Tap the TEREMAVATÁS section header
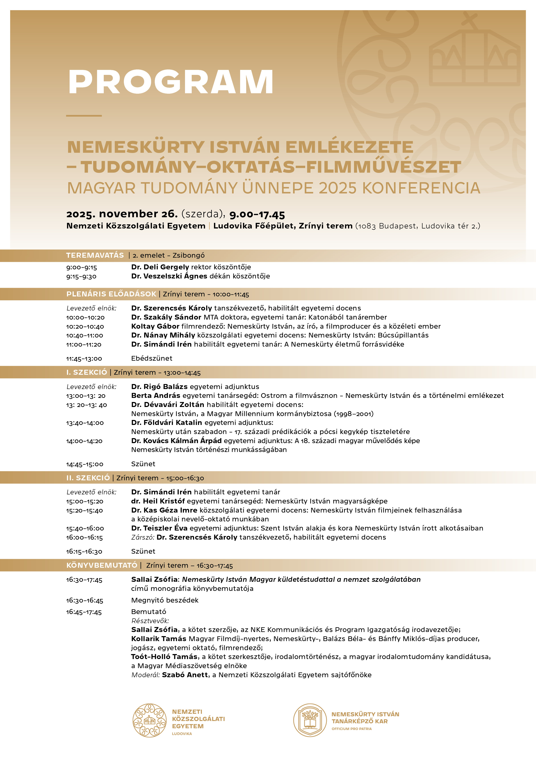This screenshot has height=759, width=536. (x=95, y=255)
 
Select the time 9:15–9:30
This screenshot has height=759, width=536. (x=81, y=276)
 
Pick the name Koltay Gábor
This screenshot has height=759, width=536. (x=155, y=326)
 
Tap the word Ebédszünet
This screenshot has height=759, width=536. (x=152, y=358)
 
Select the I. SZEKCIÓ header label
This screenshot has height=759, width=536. (x=86, y=372)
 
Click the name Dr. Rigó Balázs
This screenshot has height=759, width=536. (x=159, y=386)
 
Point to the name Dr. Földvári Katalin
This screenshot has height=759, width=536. (x=166, y=423)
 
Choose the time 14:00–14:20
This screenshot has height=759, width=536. (x=84, y=441)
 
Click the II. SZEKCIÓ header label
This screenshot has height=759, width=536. (x=88, y=478)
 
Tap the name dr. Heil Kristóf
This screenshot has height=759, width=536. (x=158, y=501)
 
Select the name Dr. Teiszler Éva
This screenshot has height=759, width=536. (x=159, y=528)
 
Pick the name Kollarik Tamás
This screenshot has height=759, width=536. (x=158, y=639)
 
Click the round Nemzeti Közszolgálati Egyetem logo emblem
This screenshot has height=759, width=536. (x=150, y=721)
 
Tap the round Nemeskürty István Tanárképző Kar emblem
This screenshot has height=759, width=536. (x=310, y=721)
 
